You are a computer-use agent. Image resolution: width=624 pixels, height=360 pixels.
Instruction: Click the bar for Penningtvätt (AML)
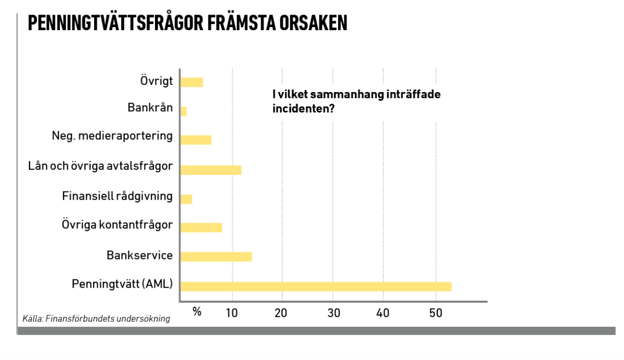[x=316, y=286]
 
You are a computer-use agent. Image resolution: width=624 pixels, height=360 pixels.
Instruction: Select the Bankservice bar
[x=216, y=256]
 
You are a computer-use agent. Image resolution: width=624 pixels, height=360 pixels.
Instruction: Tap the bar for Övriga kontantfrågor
[x=201, y=227]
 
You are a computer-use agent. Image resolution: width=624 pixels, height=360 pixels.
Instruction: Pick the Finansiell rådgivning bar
[x=186, y=199]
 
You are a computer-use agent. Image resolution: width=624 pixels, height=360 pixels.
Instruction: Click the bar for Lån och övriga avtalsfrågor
[x=211, y=170]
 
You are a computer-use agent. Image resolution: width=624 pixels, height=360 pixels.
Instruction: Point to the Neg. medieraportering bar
[x=196, y=139]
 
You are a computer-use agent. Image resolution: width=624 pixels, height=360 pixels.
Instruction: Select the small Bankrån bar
[x=184, y=111]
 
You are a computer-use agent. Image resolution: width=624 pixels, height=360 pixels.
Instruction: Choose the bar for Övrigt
[x=191, y=82]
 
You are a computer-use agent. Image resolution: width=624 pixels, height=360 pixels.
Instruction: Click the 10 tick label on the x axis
[x=232, y=313]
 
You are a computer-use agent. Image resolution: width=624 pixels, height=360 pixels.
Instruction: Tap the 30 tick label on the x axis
[x=333, y=313]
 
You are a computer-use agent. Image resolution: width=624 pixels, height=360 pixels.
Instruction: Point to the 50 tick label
[x=435, y=313]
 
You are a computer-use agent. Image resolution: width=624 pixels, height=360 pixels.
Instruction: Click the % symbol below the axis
[x=197, y=312]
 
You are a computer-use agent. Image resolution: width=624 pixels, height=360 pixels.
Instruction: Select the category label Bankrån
[x=150, y=108]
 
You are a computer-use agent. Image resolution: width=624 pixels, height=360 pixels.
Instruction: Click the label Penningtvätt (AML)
[x=122, y=285]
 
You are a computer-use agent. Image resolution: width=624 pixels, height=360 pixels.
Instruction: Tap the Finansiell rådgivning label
[x=117, y=196]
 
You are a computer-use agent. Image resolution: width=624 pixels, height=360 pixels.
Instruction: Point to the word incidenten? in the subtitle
[x=303, y=109]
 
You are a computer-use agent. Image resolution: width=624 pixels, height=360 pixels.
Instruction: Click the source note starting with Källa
[x=96, y=318]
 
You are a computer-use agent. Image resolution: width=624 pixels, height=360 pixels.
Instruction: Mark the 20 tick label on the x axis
[x=281, y=313]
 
